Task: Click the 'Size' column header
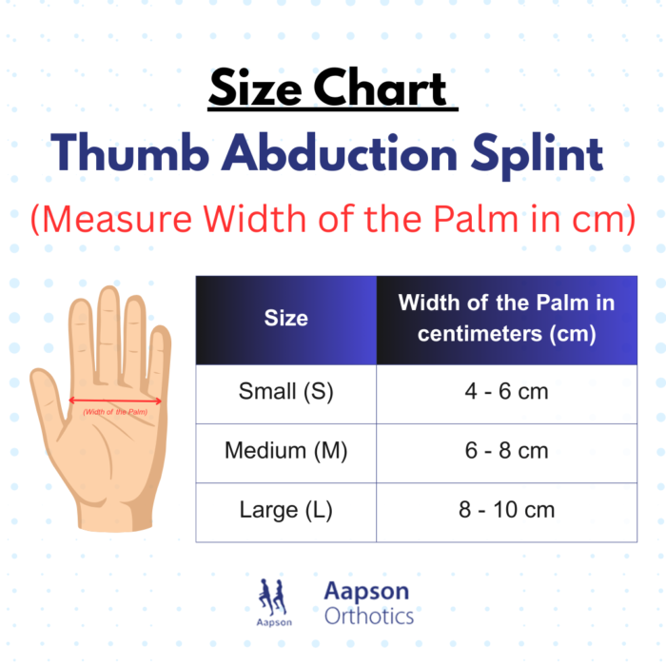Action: tap(285, 318)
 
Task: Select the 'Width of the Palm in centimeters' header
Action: tap(506, 318)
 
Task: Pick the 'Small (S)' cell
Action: tap(285, 391)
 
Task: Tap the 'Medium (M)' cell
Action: tap(285, 450)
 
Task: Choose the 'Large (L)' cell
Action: tap(285, 510)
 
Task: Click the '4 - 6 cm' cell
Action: tap(506, 391)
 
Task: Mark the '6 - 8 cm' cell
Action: tap(506, 450)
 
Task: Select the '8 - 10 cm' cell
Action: tap(506, 510)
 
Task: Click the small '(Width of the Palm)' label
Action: tap(115, 411)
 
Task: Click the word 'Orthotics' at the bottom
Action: tap(369, 616)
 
